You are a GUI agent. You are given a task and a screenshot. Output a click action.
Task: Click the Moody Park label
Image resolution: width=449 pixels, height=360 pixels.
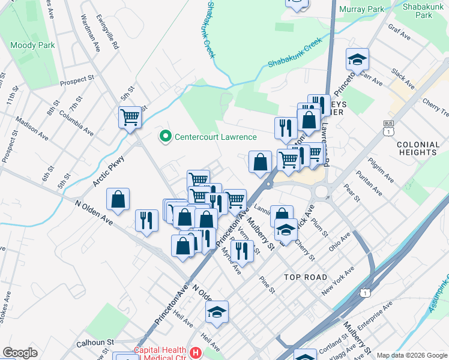tap(32, 45)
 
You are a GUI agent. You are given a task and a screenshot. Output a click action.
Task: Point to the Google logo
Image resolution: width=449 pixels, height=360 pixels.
tap(20, 353)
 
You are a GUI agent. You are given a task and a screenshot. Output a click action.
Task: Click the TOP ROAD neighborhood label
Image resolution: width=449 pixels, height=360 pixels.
tap(306, 277)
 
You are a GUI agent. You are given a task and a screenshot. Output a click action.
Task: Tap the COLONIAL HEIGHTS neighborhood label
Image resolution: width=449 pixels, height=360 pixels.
tap(417, 148)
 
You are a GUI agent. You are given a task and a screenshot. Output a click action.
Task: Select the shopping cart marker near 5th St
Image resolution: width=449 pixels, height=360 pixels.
tap(130, 117)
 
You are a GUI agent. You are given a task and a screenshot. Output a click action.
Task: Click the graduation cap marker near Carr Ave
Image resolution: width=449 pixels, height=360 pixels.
tap(357, 59)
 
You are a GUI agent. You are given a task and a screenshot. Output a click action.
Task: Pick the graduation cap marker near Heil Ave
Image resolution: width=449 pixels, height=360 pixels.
tap(217, 312)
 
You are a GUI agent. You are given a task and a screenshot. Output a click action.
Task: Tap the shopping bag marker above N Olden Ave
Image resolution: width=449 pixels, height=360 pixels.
tap(119, 200)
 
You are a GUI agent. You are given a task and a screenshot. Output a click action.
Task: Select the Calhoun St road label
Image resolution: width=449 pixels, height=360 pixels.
tap(95, 343)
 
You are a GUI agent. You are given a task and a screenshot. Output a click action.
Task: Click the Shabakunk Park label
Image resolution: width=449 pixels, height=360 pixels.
tap(426, 10)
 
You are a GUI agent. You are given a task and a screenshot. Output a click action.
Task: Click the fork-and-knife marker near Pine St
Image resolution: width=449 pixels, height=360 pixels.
tap(242, 250)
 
